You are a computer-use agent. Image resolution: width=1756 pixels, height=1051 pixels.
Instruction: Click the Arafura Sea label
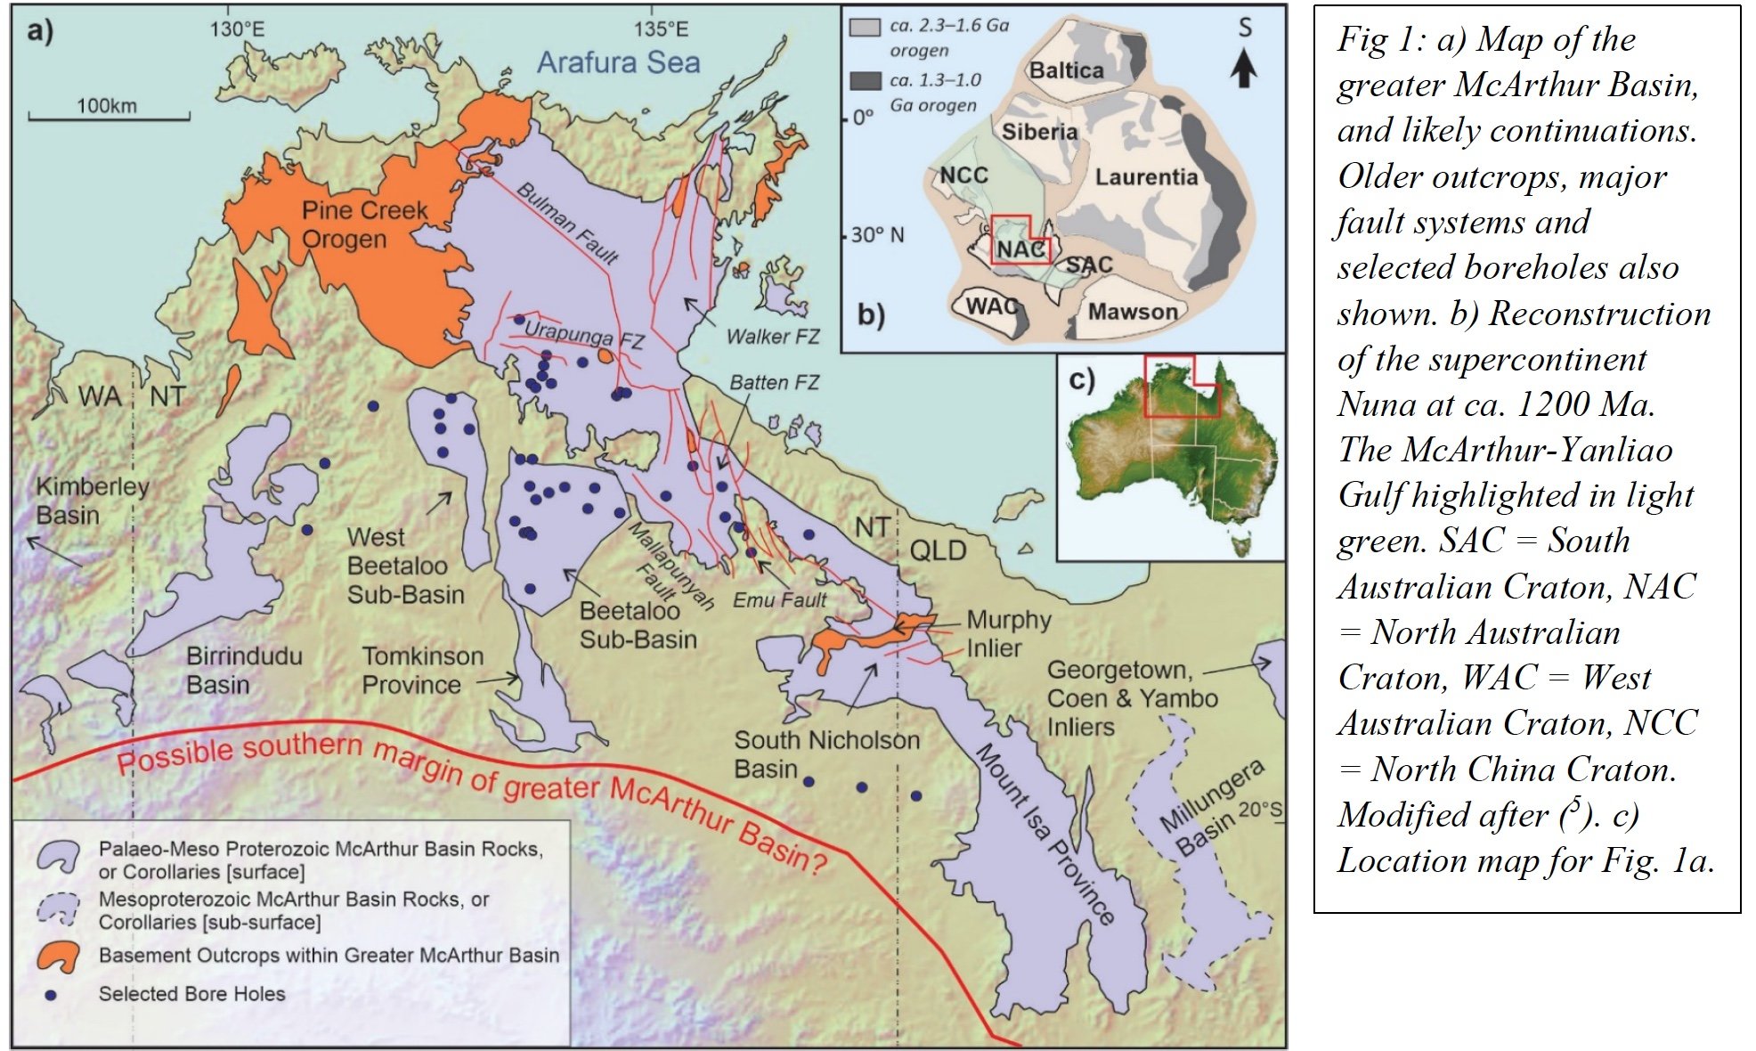pyautogui.click(x=618, y=62)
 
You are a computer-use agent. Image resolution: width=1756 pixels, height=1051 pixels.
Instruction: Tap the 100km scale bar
pyautogui.click(x=109, y=115)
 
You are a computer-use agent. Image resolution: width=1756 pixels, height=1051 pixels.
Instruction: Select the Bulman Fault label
pyautogui.click(x=567, y=224)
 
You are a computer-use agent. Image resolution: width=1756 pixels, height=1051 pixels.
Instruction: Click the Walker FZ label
pyautogui.click(x=772, y=337)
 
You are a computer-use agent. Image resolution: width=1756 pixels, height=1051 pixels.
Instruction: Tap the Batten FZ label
pyautogui.click(x=774, y=383)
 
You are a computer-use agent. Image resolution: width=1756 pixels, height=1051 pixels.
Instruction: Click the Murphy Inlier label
pyautogui.click(x=1008, y=633)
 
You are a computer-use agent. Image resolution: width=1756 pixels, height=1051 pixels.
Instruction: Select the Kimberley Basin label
pyautogui.click(x=92, y=501)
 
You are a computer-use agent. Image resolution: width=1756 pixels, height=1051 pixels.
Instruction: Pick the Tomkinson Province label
pyautogui.click(x=423, y=671)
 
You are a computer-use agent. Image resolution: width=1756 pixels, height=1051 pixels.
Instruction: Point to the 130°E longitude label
pyautogui.click(x=237, y=29)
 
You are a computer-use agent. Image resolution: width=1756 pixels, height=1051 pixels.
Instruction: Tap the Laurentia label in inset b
pyautogui.click(x=1145, y=177)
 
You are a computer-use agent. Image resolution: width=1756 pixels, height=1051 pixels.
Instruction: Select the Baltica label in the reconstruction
pyautogui.click(x=1066, y=70)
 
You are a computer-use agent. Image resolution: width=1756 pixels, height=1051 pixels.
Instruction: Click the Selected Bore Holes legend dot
pyautogui.click(x=51, y=995)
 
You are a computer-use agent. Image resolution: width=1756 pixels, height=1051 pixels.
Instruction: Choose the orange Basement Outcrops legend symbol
pyautogui.click(x=58, y=957)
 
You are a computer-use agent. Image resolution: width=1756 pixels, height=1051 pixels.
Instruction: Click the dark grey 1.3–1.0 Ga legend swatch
pyautogui.click(x=865, y=82)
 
